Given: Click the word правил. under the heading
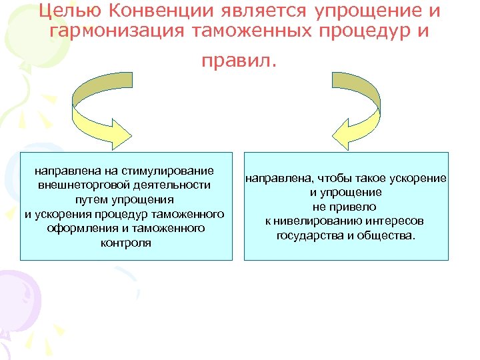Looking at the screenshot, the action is click(x=239, y=61).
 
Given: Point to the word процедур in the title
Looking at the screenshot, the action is click(x=357, y=31).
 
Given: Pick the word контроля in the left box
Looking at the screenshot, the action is click(x=126, y=243).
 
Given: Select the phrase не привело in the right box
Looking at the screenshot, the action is click(x=345, y=207).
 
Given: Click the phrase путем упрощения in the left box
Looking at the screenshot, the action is click(x=125, y=200).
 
